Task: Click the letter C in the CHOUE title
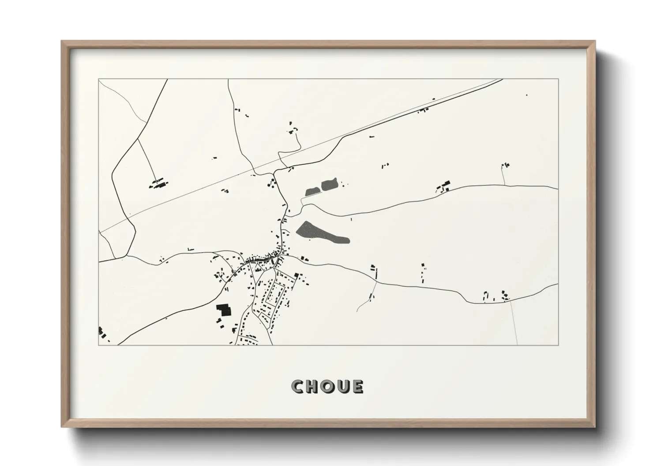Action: pos(298,387)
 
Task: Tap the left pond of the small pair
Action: pos(312,191)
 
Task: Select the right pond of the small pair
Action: pos(329,185)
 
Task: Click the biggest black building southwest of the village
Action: pos(224,310)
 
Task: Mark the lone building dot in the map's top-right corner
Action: pos(526,95)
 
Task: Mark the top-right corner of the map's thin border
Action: pos(558,79)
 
